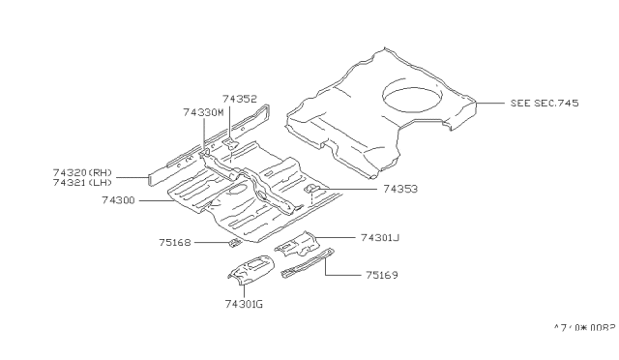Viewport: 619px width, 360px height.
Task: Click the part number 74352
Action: (239, 98)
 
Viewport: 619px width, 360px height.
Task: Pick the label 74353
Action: (400, 191)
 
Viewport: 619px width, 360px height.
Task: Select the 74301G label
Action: (244, 303)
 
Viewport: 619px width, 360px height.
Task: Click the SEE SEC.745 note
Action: (544, 103)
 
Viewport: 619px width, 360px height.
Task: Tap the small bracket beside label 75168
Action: (233, 244)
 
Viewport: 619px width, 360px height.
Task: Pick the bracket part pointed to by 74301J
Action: (301, 244)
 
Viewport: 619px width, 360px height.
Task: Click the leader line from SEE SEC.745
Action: (489, 103)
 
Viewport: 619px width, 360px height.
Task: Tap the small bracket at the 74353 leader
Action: (312, 192)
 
